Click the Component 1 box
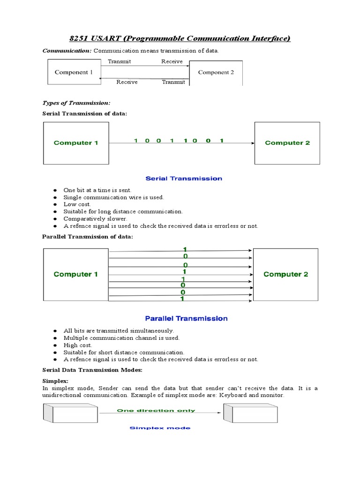pyautogui.click(x=75, y=73)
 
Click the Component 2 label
pyautogui.click(x=216, y=72)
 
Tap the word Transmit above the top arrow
pyautogui.click(x=120, y=61)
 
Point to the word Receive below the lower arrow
pyautogui.click(x=127, y=82)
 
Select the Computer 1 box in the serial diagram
pyautogui.click(x=76, y=143)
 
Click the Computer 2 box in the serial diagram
pyautogui.click(x=287, y=143)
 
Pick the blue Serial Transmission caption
pyautogui.click(x=184, y=179)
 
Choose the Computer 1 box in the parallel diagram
pyautogui.click(x=76, y=274)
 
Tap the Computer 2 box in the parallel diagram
pyautogui.click(x=285, y=274)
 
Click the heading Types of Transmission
pyautogui.click(x=76, y=103)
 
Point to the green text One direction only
pyautogui.click(x=156, y=411)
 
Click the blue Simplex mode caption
pyautogui.click(x=160, y=428)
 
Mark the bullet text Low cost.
pyautogui.click(x=77, y=204)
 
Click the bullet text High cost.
pyautogui.click(x=78, y=345)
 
